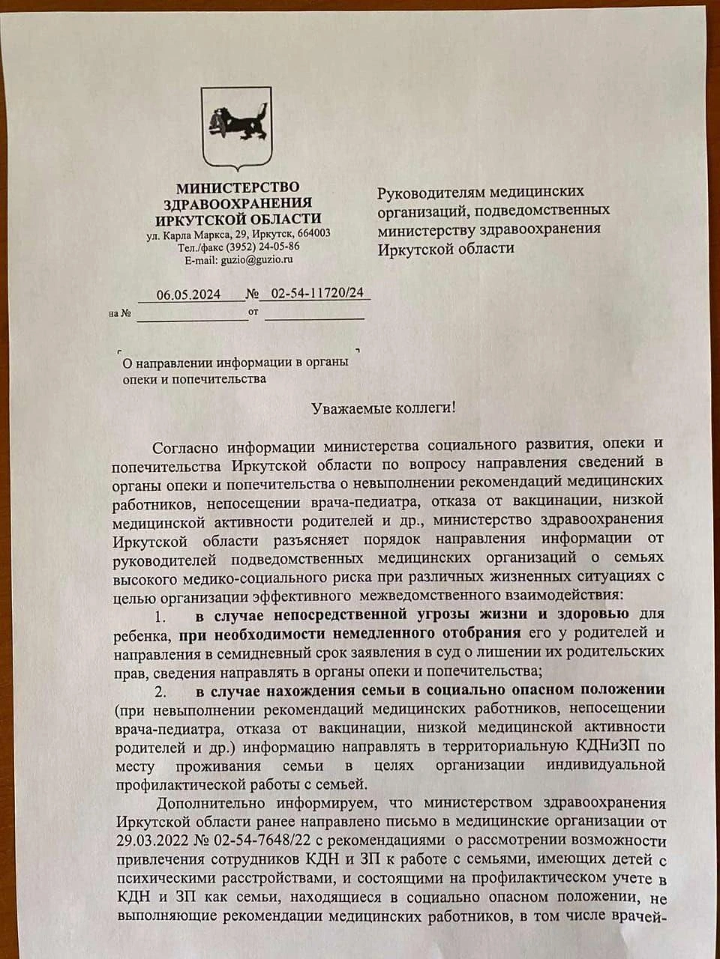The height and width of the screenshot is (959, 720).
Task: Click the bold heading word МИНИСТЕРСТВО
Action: [237, 187]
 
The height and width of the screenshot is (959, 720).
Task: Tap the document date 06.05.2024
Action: [188, 294]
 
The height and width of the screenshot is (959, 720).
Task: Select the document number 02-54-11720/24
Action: [318, 293]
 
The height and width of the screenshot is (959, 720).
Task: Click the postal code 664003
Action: [313, 233]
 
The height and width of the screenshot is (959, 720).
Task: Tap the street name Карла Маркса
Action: [193, 234]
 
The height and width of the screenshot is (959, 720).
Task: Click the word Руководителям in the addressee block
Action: [431, 192]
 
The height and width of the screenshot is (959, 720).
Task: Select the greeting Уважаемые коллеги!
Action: [383, 409]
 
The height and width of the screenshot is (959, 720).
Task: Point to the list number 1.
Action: [159, 617]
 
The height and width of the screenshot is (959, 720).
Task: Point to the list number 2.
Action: [159, 689]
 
